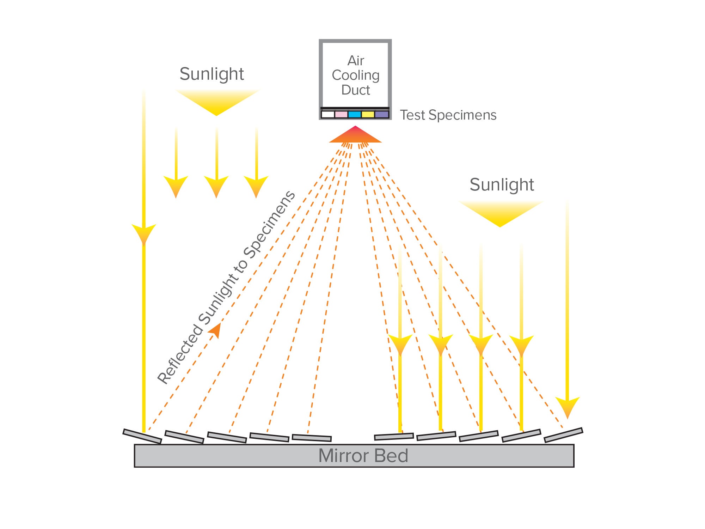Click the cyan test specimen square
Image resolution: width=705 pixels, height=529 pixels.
point(355,115)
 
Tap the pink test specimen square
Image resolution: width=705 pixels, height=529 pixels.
point(341,115)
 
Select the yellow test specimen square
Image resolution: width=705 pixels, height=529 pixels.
point(368,115)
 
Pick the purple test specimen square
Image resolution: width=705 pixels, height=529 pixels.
point(382,115)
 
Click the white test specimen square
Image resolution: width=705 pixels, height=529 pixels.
point(328,115)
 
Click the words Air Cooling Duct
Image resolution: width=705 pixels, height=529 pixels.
point(355,75)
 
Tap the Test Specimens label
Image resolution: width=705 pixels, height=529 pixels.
point(448,115)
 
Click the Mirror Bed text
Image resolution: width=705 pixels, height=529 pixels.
point(363,456)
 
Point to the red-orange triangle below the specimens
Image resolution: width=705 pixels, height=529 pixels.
point(355,136)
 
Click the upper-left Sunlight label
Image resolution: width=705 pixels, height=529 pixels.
point(211,74)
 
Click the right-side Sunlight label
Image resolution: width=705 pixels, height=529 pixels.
point(502,185)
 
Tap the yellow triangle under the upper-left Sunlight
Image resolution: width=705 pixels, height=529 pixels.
point(217,101)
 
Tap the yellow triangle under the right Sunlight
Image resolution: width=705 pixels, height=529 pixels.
point(500,213)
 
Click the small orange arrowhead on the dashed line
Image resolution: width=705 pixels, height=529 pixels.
point(216,330)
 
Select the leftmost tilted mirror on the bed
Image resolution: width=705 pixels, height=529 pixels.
point(142,436)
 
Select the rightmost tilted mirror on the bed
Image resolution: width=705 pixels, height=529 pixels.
point(563,435)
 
